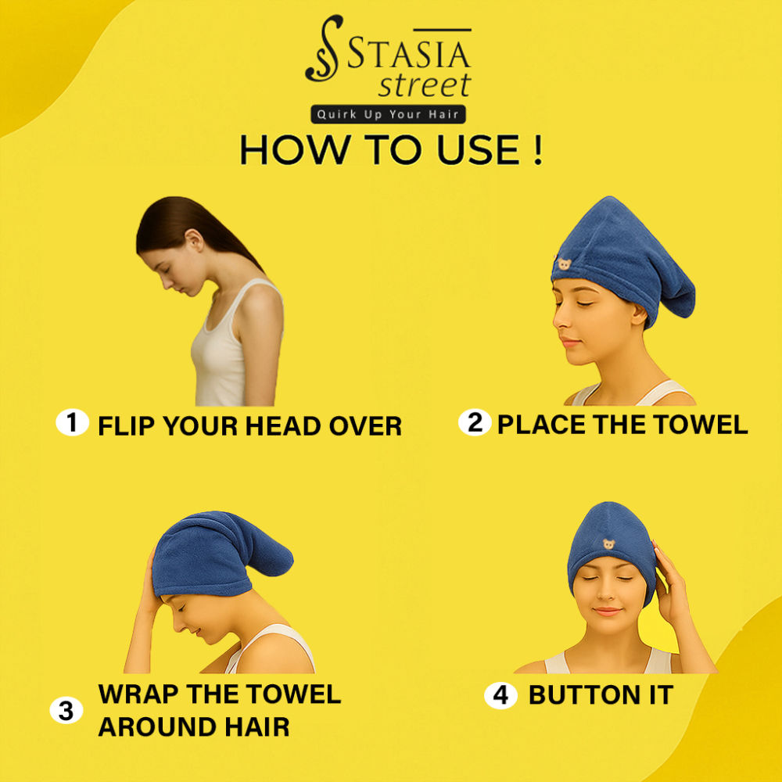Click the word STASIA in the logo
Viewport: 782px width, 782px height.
click(x=408, y=53)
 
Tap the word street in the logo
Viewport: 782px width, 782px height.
click(x=425, y=84)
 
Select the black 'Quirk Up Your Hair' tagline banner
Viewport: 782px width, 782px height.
click(x=388, y=114)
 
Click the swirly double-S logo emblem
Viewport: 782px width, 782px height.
click(x=324, y=48)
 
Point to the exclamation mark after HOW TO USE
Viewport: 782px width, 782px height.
click(x=537, y=149)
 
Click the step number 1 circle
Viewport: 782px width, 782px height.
click(x=72, y=422)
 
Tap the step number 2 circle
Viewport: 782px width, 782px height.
click(x=475, y=422)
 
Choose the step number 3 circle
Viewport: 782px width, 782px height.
click(x=66, y=710)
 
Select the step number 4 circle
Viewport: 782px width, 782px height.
click(x=500, y=695)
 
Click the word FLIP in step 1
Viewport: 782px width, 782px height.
click(x=127, y=426)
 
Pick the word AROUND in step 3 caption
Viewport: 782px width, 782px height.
click(x=157, y=726)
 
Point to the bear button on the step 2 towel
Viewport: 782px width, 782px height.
click(x=564, y=264)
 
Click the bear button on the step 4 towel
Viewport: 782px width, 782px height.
click(x=608, y=543)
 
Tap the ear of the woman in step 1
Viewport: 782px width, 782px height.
click(x=195, y=240)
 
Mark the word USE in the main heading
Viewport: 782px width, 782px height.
click(x=479, y=149)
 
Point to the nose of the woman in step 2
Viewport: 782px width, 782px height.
click(x=558, y=319)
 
